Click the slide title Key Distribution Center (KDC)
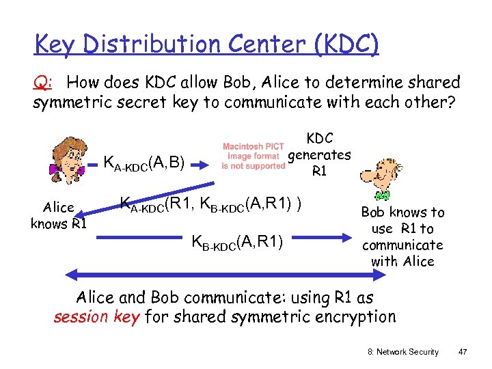click(206, 44)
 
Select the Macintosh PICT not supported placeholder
click(254, 156)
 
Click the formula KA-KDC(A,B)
click(144, 163)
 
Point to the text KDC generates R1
click(318, 155)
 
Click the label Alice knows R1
click(58, 216)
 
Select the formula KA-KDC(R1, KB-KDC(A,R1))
click(211, 204)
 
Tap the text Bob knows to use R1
click(402, 236)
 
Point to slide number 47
click(463, 351)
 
